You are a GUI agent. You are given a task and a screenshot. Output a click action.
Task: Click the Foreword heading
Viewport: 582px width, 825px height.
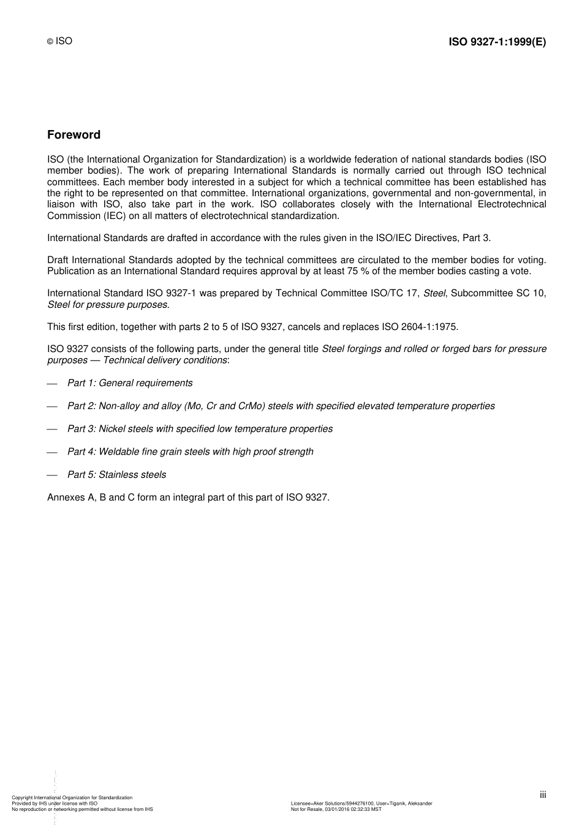74,135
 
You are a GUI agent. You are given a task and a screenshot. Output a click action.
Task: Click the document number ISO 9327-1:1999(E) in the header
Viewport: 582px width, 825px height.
497,42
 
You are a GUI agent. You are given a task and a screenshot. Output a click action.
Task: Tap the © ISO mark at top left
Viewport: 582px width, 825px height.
60,41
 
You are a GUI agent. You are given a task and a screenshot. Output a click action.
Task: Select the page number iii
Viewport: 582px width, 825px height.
543,795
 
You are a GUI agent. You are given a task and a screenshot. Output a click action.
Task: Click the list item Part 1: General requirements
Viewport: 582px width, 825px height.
130,383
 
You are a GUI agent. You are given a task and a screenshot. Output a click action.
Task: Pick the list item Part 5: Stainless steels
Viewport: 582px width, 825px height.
116,475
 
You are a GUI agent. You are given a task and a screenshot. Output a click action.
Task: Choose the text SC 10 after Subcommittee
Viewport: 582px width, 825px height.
530,293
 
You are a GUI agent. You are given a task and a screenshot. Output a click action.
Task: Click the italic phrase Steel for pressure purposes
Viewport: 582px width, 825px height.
107,305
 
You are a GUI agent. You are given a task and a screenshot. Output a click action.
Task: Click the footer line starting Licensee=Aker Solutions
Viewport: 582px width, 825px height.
361,804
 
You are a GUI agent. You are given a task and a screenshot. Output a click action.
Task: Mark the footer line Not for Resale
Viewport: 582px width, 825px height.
336,810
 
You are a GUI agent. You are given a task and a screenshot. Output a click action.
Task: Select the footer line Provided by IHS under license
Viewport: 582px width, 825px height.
55,804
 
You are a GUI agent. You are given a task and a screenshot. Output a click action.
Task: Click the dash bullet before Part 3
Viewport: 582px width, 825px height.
52,429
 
